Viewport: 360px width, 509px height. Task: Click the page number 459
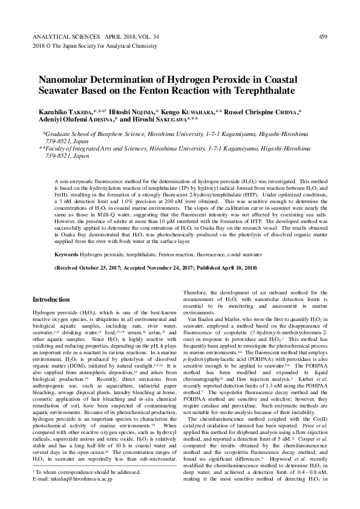[x=322, y=37]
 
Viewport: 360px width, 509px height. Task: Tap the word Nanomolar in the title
[x=65, y=80]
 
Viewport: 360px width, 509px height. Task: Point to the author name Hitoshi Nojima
[x=132, y=113]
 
